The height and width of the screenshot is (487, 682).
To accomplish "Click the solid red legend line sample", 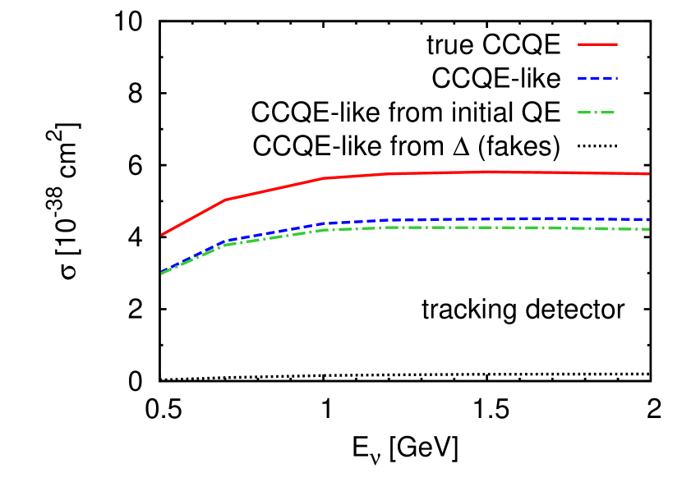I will click(x=597, y=44).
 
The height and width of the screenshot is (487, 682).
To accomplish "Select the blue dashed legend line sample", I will click(x=597, y=79).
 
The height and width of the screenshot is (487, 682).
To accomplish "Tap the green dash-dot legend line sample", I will click(x=597, y=113).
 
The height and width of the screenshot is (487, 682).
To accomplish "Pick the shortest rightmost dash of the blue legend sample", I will click(x=615, y=79).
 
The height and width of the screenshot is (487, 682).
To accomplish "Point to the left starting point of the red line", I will click(x=162, y=235).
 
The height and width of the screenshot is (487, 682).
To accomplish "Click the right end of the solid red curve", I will click(x=648, y=174).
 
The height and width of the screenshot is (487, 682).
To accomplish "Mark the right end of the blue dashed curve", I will click(x=648, y=219).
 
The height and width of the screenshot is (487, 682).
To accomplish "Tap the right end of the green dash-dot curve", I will click(x=648, y=229).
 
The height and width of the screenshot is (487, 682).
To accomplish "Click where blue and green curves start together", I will click(x=162, y=273).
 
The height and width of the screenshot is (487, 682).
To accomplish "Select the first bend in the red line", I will click(x=226, y=200).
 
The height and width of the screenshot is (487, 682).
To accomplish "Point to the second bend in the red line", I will click(x=324, y=178).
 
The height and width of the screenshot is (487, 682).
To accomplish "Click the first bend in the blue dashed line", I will click(x=226, y=241).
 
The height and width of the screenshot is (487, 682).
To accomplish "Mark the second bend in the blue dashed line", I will click(x=324, y=223).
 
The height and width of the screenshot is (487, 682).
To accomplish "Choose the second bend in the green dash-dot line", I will click(x=324, y=230).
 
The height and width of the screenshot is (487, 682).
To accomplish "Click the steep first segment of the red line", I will click(x=194, y=217).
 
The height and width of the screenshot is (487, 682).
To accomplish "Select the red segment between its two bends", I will click(x=275, y=189).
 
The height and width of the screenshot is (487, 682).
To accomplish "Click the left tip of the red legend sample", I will click(x=579, y=44).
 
